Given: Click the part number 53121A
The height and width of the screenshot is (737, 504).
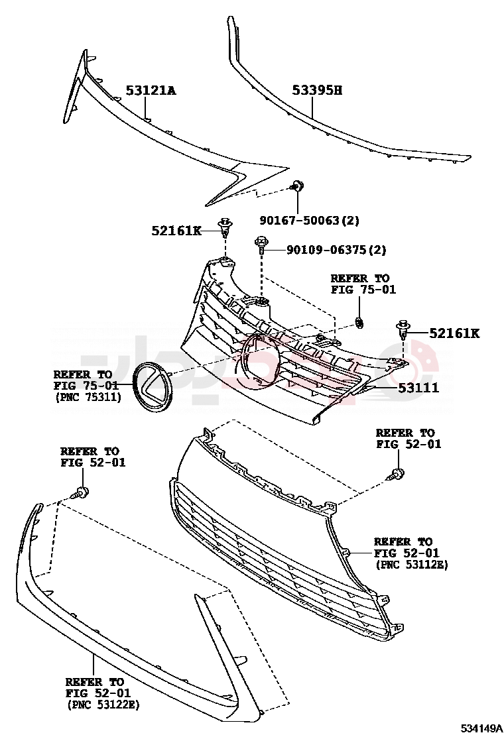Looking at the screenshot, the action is [151, 89].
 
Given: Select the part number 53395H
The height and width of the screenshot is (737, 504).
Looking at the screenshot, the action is [318, 89].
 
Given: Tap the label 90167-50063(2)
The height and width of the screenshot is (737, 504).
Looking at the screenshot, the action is [309, 220].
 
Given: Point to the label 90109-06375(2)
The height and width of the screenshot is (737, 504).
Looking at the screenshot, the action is [337, 250].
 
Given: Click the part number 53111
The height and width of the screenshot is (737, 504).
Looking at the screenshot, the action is [418, 388].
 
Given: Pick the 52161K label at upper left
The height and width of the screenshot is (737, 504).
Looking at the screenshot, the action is [176, 231].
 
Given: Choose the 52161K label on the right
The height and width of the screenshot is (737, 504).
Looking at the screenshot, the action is [455, 333].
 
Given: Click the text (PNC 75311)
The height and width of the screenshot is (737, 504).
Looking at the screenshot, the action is [88, 397].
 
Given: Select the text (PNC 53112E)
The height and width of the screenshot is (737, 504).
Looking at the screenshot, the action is [412, 565].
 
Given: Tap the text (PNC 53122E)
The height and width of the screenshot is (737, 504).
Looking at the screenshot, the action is [103, 705].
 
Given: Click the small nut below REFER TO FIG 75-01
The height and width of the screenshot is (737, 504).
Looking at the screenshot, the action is [359, 323].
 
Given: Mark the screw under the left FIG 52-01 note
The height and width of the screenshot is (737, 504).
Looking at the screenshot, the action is [80, 493].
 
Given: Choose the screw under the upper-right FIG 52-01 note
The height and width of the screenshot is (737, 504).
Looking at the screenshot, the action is [395, 475].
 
